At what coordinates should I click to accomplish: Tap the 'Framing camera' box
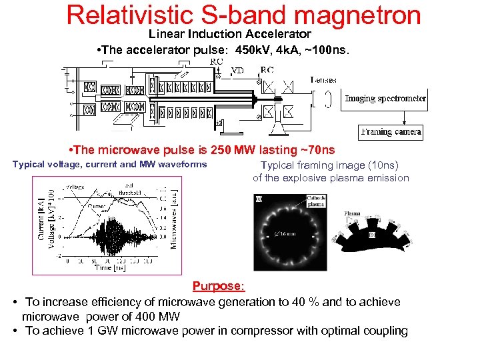[391, 132]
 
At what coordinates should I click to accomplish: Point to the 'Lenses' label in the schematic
[323, 79]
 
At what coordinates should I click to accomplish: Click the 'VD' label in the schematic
[237, 69]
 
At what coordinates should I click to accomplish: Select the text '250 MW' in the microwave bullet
[231, 150]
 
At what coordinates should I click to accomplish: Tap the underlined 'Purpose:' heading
[219, 286]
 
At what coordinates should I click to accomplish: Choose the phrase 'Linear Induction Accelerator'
[229, 33]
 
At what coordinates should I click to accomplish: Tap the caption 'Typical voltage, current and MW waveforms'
[110, 165]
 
